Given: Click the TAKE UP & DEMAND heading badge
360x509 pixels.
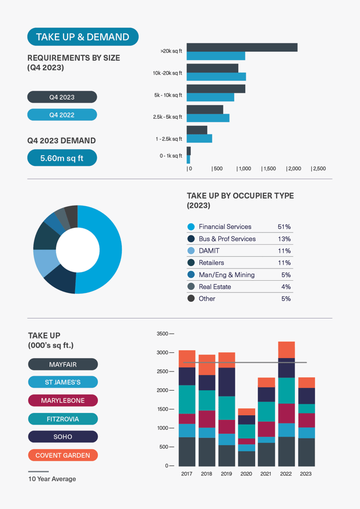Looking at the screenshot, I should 83,37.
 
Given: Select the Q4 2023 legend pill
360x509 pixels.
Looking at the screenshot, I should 62,97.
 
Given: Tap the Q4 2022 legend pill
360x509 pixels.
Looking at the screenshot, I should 62,115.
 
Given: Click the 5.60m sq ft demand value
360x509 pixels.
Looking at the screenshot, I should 62,158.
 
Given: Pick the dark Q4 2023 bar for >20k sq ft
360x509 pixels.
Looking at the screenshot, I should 242,47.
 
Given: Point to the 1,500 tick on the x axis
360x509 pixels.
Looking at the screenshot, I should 269,168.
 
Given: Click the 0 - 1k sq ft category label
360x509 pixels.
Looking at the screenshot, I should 171,155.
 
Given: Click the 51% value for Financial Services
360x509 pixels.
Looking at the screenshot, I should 284,227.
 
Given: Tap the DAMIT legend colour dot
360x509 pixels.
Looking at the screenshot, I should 191,250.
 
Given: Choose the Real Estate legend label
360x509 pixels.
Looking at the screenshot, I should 214,287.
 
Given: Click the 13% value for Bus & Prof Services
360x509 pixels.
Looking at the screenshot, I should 284,239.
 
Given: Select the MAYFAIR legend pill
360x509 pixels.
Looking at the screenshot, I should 63,365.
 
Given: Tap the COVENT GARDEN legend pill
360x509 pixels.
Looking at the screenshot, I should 63,455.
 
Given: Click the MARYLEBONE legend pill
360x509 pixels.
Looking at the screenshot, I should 63,401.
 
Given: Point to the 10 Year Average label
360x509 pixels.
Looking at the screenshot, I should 52,479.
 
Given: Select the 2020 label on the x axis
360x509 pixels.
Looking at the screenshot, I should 246,473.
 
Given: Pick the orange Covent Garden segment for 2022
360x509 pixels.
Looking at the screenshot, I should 286,349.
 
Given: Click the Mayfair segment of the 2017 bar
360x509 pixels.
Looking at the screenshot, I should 187,451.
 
